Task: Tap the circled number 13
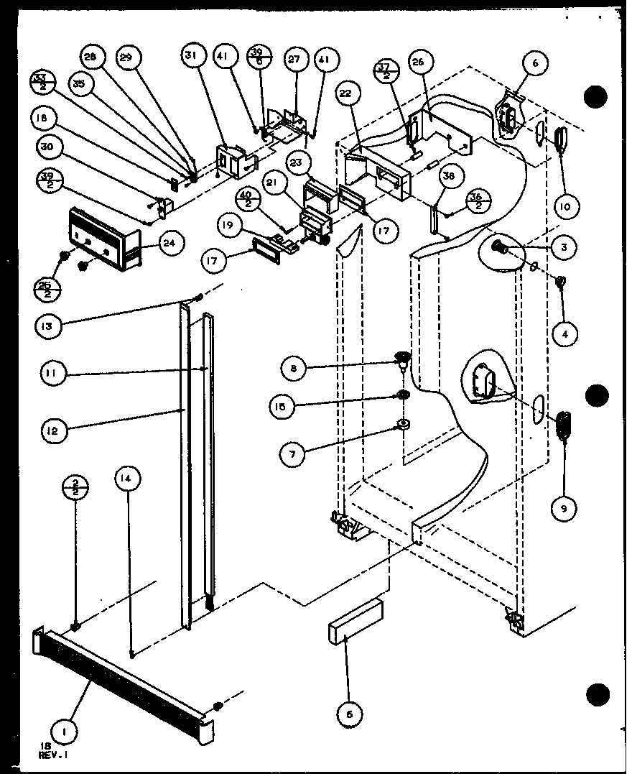pyautogui.click(x=47, y=326)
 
